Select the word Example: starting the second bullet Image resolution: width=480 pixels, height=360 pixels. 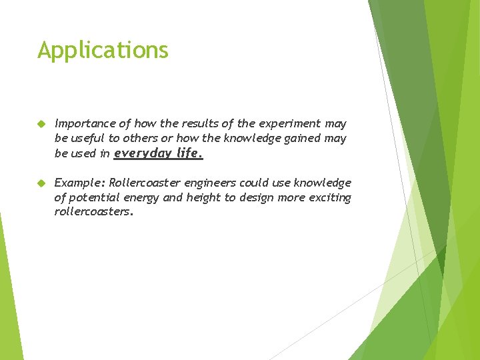pyautogui.click(x=79, y=183)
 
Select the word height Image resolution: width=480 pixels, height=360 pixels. pyautogui.click(x=204, y=197)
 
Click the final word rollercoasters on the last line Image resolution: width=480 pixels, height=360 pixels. pyautogui.click(x=93, y=212)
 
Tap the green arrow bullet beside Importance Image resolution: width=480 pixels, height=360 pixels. pyautogui.click(x=41, y=124)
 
